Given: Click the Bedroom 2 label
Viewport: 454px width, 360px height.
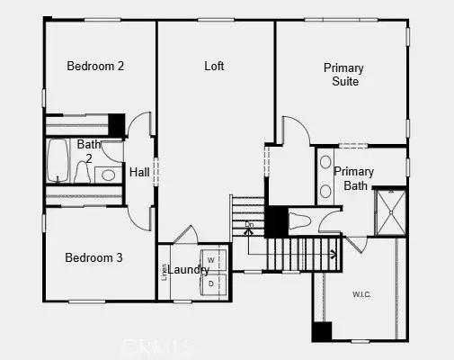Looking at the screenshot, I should (x=95, y=66).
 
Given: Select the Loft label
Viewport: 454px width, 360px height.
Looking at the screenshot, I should (x=214, y=66).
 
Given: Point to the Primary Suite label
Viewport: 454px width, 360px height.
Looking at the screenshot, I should (x=343, y=75).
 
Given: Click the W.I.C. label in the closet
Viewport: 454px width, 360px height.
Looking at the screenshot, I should (x=362, y=292).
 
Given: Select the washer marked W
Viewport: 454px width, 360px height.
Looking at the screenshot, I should (x=211, y=259).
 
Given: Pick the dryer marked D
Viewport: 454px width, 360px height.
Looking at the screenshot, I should (x=211, y=283).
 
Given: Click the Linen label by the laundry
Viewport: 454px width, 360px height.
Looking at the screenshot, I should (x=165, y=271).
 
